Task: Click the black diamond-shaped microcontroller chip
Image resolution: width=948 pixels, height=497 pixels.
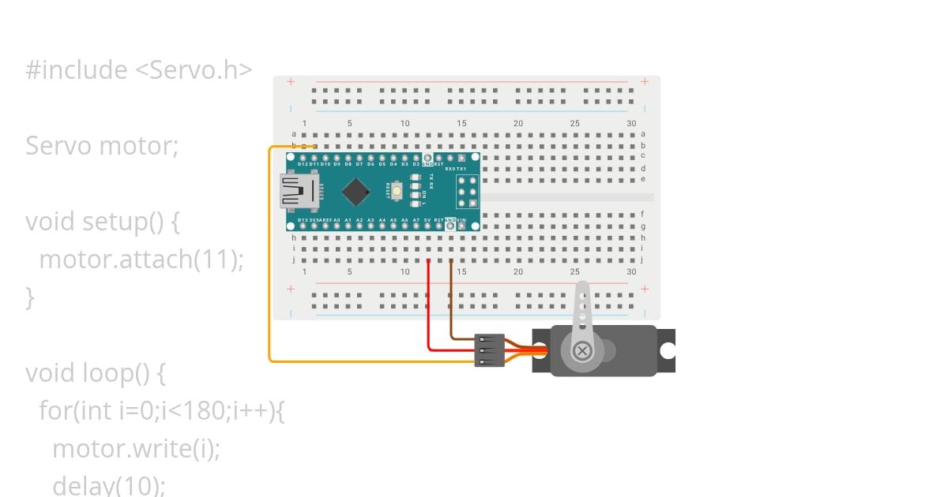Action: coord(357,190)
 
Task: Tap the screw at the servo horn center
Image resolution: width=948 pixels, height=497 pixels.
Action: coord(582,349)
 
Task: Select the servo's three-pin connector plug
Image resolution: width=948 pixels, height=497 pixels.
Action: coord(490,350)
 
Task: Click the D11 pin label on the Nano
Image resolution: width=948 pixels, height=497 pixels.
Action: coord(314,165)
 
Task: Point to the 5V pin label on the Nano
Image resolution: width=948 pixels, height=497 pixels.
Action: coord(427,220)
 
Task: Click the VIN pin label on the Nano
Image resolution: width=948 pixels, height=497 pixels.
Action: coord(462,220)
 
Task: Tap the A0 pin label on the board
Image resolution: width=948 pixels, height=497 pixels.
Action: coord(337,220)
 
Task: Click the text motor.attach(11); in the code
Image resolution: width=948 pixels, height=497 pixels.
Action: coord(141,259)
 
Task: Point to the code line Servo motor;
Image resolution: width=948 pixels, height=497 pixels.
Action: coord(102,146)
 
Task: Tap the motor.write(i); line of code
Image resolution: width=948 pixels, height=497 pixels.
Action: coord(136,449)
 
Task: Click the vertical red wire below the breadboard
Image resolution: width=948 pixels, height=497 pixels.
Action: coord(428,304)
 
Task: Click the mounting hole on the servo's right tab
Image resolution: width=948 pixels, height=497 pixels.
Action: coord(668,349)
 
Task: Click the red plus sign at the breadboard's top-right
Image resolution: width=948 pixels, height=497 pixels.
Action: coord(645,81)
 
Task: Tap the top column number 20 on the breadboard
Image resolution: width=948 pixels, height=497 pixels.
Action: coord(518,123)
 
